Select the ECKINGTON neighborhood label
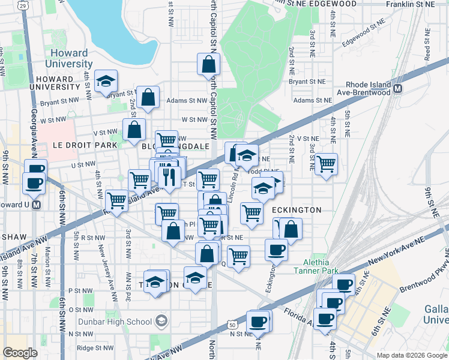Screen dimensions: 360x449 pyautogui.click(x=297, y=210)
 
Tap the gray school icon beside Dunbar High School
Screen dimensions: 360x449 pyautogui.click(x=161, y=322)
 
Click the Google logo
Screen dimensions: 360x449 pyautogui.click(x=20, y=353)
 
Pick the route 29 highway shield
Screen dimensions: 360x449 pyautogui.click(x=22, y=5)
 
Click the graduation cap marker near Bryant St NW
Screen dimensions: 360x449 pyautogui.click(x=106, y=81)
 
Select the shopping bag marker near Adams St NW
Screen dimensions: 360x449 pyautogui.click(x=148, y=98)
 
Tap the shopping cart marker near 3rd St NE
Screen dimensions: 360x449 pyautogui.click(x=326, y=163)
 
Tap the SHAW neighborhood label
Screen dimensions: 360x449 pyautogui.click(x=12, y=236)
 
